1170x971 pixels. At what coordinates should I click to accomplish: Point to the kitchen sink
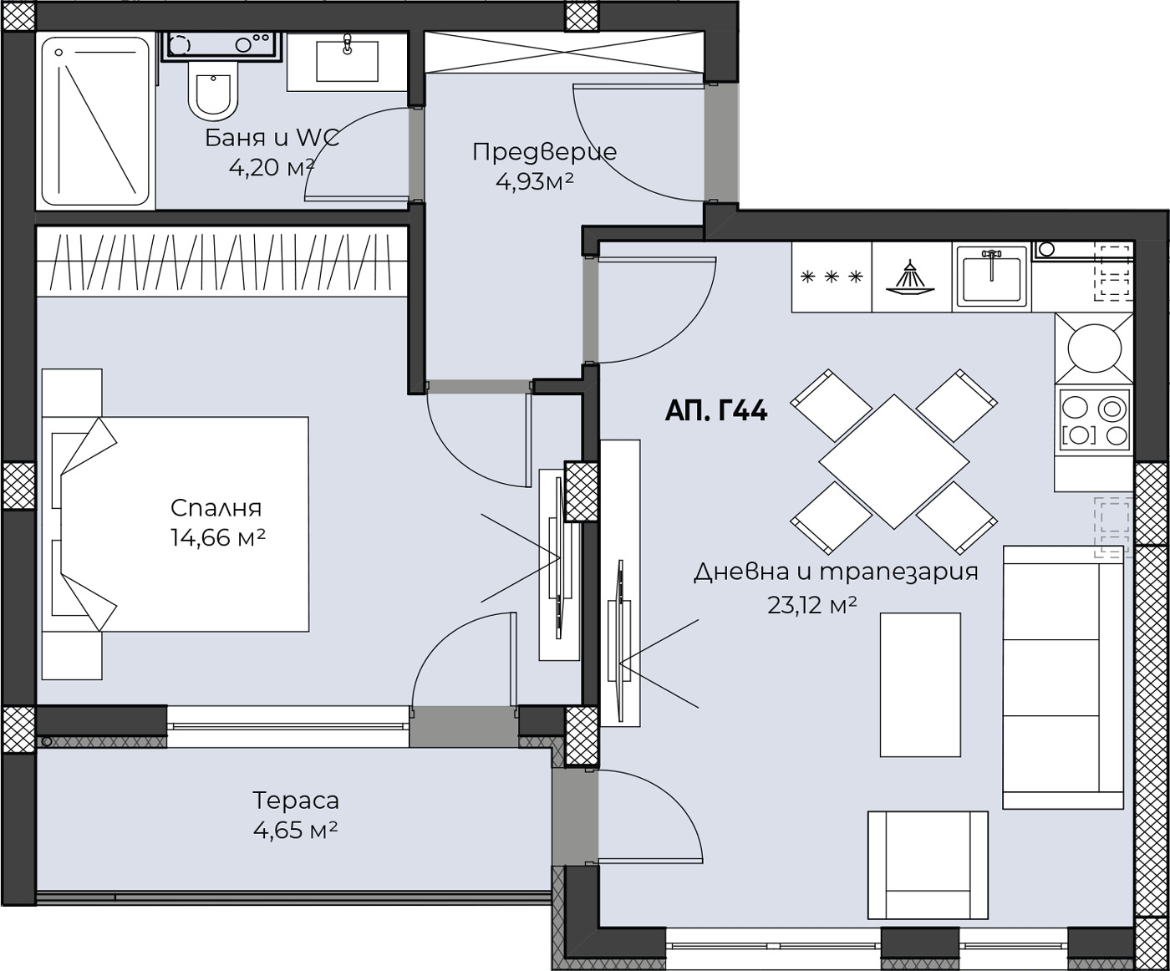(992, 277)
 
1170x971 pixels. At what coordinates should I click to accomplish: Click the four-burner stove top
(1094, 419)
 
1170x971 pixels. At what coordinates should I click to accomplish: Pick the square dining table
(894, 462)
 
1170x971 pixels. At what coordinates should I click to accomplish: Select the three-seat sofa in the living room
(1062, 678)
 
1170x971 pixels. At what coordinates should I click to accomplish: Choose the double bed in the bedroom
(175, 524)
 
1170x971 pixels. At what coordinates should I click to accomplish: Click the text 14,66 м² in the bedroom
(218, 538)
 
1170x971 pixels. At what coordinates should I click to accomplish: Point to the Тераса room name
(296, 801)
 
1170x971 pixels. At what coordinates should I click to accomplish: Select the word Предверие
(545, 152)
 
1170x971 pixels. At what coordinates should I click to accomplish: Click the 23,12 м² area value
(812, 604)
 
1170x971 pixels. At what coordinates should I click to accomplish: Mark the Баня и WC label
(272, 138)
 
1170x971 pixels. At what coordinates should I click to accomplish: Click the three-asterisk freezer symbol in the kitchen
(832, 277)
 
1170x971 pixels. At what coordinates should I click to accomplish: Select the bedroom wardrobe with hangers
(222, 261)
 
